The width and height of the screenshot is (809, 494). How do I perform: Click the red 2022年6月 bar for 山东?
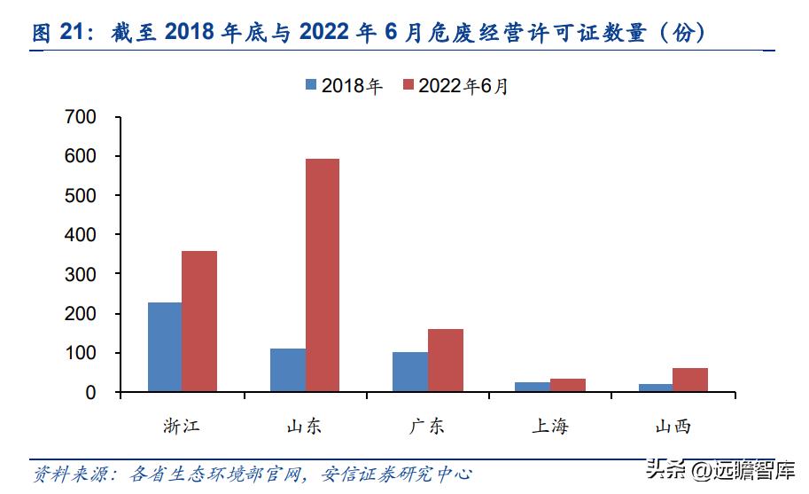(x=322, y=275)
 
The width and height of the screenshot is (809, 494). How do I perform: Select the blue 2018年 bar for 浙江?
(x=165, y=347)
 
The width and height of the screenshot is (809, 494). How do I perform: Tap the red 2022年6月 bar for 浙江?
(x=199, y=321)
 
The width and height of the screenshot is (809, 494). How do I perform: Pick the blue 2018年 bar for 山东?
(x=288, y=370)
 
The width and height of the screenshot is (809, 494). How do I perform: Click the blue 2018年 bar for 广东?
(x=410, y=372)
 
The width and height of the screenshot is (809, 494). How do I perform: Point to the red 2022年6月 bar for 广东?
(x=445, y=360)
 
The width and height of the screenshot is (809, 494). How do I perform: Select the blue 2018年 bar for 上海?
(x=533, y=387)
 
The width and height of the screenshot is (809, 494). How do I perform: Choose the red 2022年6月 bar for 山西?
(x=690, y=380)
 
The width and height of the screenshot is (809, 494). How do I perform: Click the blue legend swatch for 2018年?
(x=311, y=85)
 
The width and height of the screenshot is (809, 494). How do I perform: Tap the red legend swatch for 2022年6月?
(x=408, y=85)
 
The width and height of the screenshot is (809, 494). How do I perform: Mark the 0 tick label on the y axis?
(x=89, y=392)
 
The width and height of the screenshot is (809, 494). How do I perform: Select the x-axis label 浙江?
(x=182, y=427)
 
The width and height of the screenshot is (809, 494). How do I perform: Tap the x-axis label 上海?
(x=550, y=427)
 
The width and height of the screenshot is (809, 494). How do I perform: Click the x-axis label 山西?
(x=673, y=427)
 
